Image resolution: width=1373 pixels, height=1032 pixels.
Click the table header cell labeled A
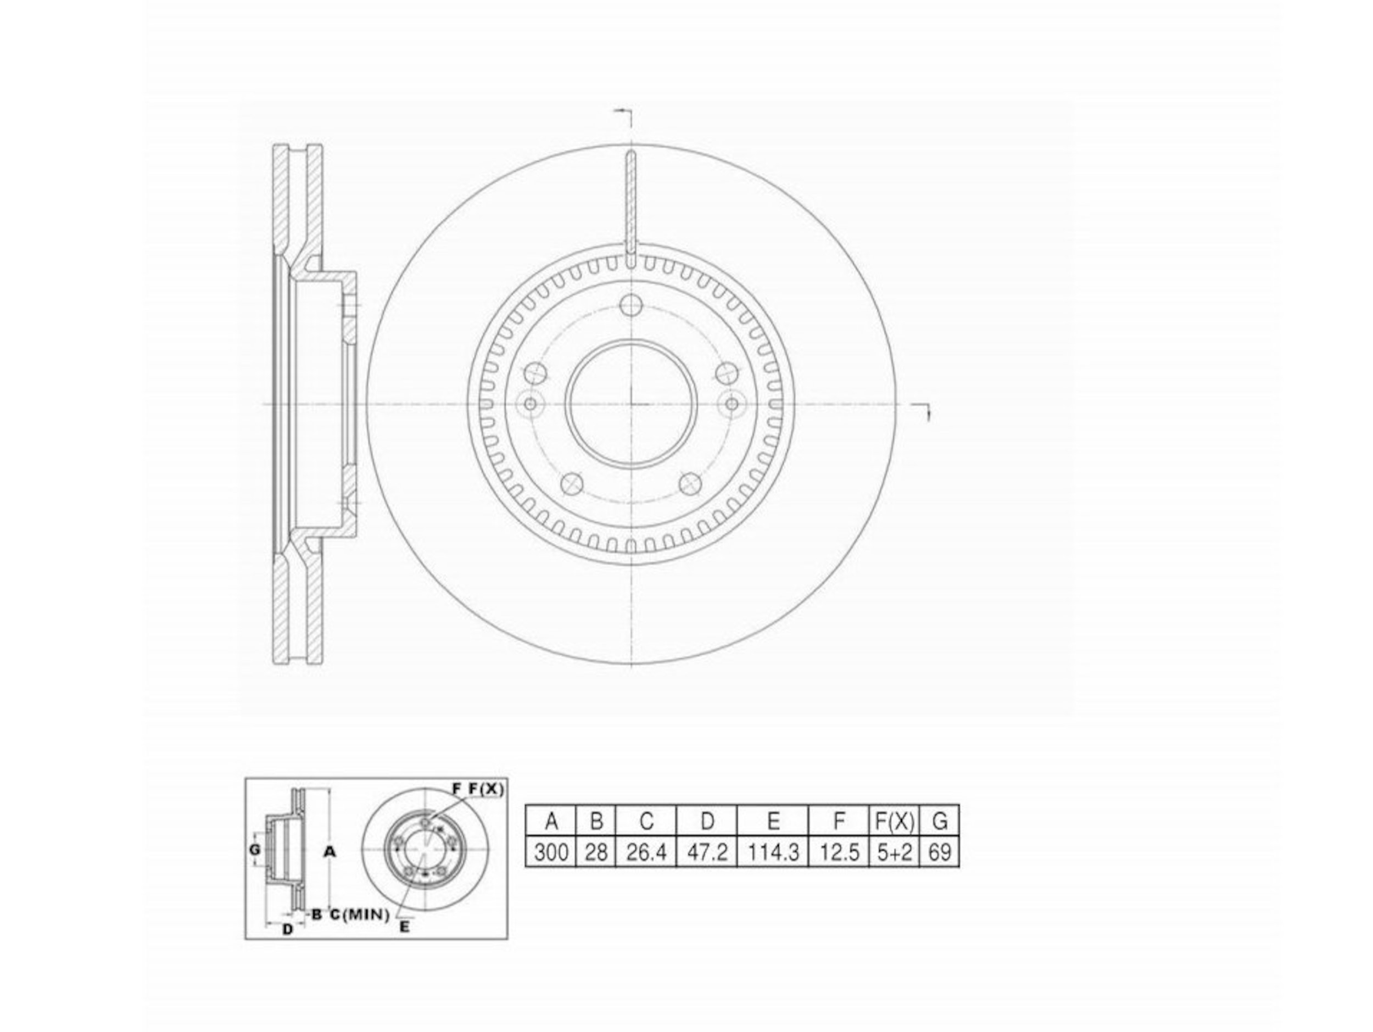[550, 822]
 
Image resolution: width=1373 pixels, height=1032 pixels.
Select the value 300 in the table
[550, 852]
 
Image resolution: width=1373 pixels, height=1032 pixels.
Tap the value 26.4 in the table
[645, 852]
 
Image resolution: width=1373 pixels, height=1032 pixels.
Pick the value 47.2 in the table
[707, 852]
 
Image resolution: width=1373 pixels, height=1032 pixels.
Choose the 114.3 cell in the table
[773, 852]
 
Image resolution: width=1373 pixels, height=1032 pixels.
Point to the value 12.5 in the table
[839, 852]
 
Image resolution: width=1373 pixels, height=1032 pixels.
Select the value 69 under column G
[939, 852]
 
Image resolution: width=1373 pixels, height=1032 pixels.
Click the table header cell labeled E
[773, 822]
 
